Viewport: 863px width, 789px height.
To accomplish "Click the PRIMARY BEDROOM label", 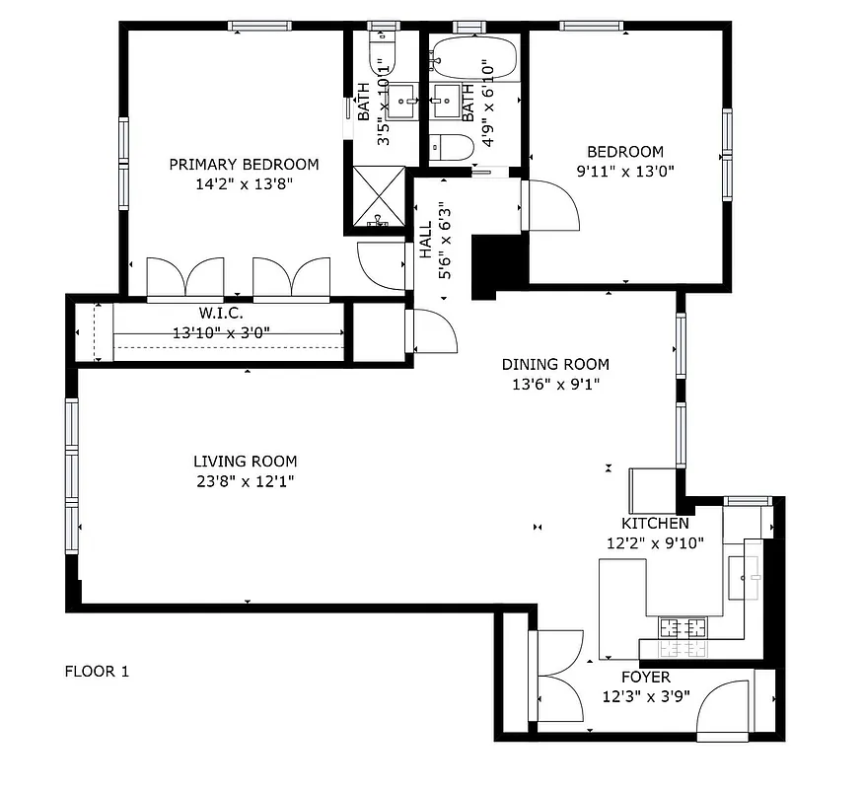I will pyautogui.click(x=244, y=165).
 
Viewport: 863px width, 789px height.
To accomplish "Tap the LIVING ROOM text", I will pyautogui.click(x=245, y=462).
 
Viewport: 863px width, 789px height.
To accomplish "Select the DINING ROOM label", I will pyautogui.click(x=555, y=365).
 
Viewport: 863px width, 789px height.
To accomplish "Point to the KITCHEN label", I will pyautogui.click(x=655, y=524).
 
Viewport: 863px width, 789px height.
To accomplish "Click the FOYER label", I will pyautogui.click(x=645, y=678).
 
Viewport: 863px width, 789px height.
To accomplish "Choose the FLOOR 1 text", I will pyautogui.click(x=97, y=672).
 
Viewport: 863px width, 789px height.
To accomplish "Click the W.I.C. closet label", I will pyautogui.click(x=221, y=314).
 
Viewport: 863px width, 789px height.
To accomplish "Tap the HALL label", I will pyautogui.click(x=425, y=240).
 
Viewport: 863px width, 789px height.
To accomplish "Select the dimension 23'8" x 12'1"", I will pyautogui.click(x=245, y=481).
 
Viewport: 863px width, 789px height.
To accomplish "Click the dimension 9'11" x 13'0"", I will pyautogui.click(x=625, y=170).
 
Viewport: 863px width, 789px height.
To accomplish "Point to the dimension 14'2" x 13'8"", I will pyautogui.click(x=244, y=183).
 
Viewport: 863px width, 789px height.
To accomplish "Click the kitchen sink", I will pyautogui.click(x=744, y=571).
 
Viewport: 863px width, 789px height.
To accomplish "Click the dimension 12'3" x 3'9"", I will pyautogui.click(x=645, y=696).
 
